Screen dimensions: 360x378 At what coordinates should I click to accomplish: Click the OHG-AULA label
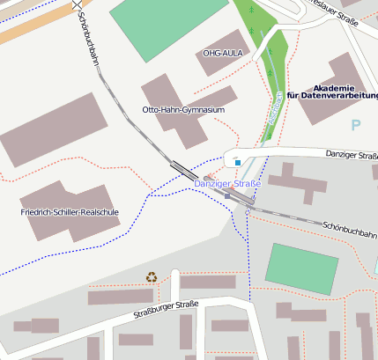coord(222,53)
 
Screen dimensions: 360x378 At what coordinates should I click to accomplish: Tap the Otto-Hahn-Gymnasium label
coord(183,110)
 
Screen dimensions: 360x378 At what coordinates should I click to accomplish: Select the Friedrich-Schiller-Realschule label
coord(70,212)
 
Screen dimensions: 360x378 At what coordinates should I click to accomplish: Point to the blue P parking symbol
coord(356,126)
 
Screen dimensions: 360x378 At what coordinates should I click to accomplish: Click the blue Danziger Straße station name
coord(227,183)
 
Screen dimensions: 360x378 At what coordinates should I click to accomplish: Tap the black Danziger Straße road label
coord(351,156)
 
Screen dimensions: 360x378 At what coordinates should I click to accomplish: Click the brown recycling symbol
coord(152,277)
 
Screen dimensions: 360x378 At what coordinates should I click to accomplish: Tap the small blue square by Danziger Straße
coord(237,162)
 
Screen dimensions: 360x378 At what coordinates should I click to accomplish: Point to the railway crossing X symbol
coord(77,4)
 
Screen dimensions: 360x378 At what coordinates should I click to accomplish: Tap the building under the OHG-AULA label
coord(222,40)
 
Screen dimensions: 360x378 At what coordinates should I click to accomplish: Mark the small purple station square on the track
coord(207,178)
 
